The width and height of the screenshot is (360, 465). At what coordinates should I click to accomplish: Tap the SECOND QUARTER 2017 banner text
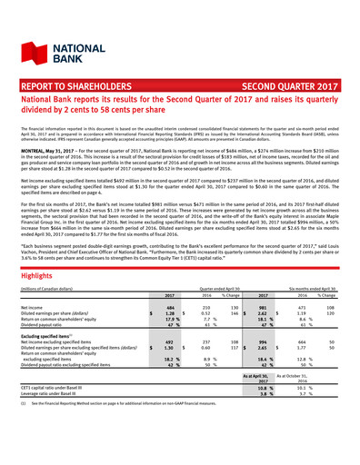[296, 91]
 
